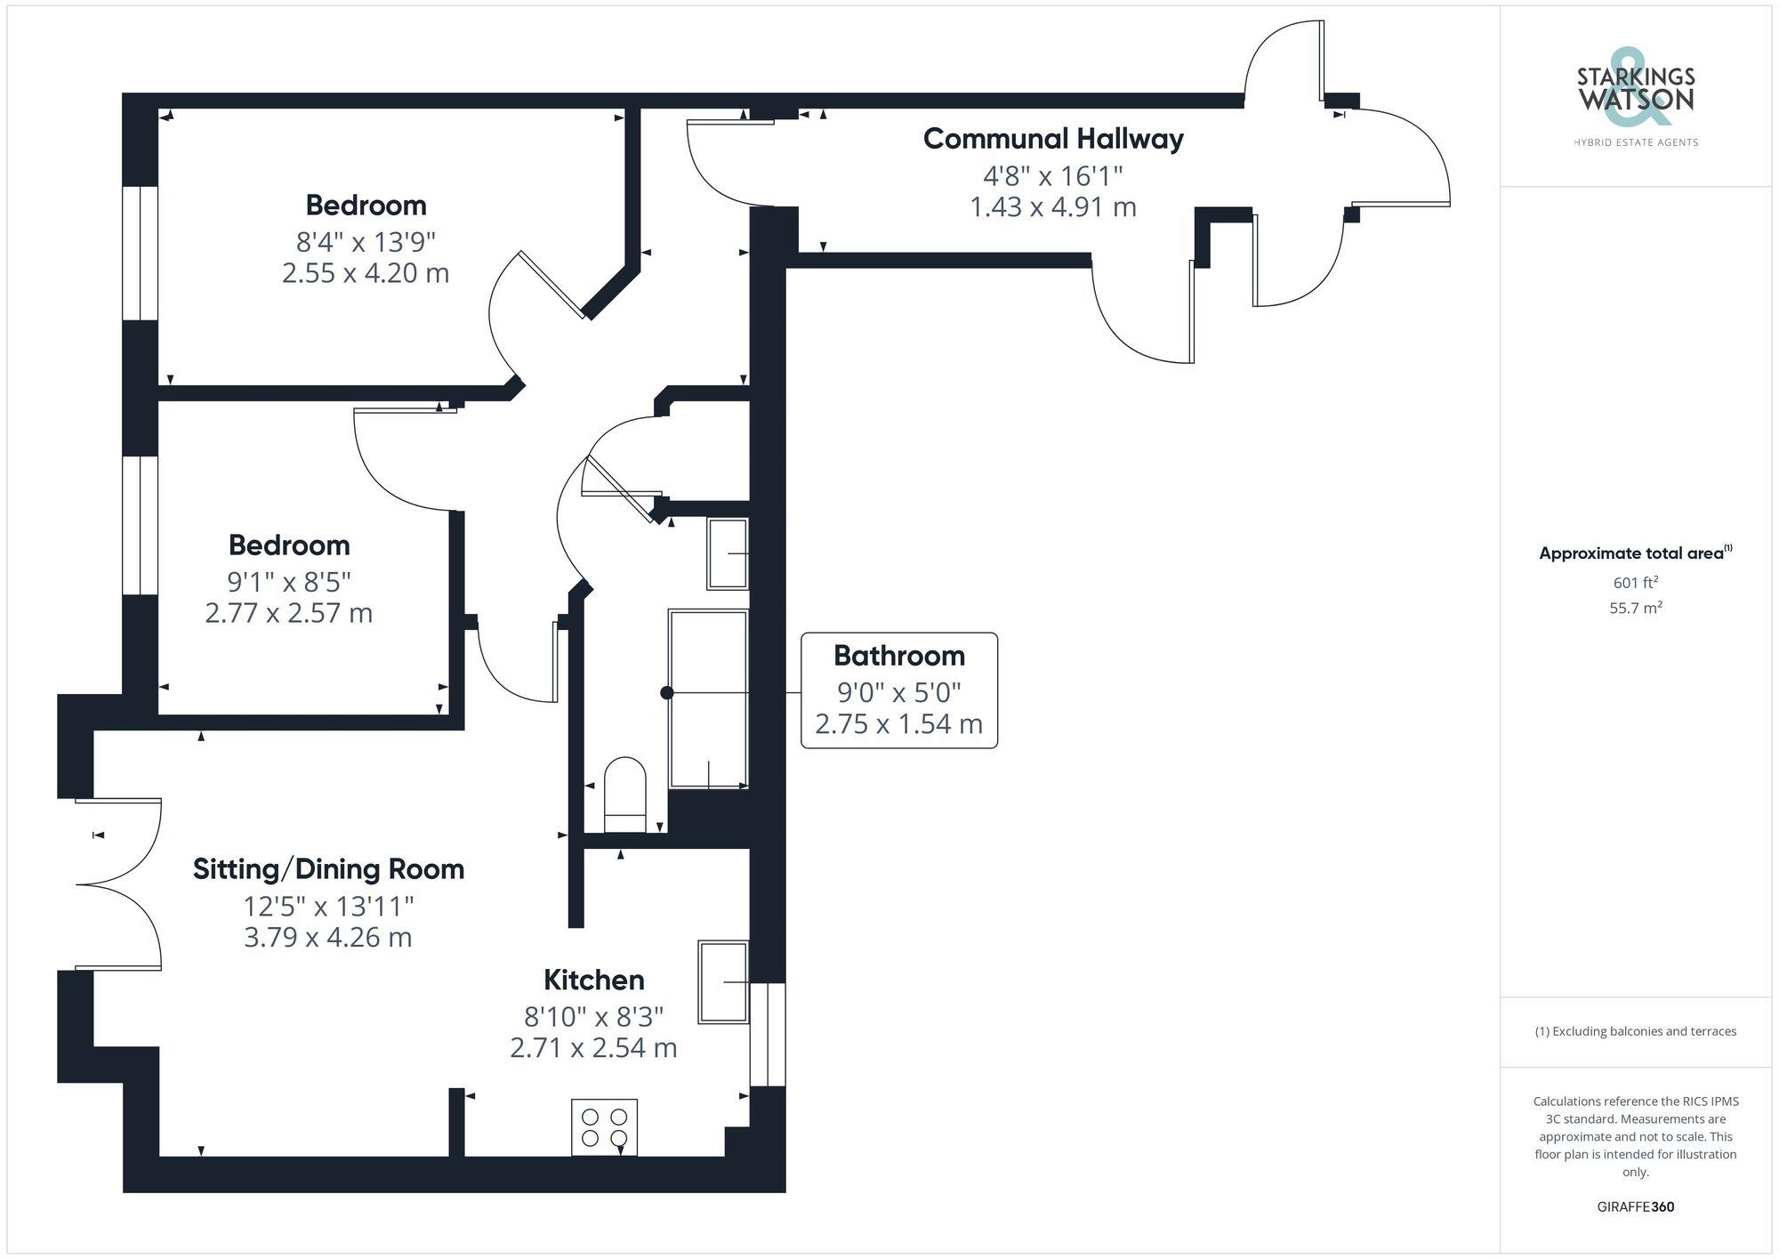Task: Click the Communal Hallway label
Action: click(x=1053, y=139)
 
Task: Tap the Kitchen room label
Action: click(x=593, y=980)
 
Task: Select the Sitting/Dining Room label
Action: click(x=328, y=869)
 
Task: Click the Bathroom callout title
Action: click(x=898, y=656)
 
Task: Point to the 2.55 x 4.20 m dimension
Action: click(x=365, y=273)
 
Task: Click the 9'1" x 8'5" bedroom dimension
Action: click(x=289, y=582)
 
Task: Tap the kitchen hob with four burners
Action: click(x=604, y=1127)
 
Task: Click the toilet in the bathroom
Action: click(x=624, y=794)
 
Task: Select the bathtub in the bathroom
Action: click(x=708, y=698)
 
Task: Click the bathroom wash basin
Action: click(x=727, y=553)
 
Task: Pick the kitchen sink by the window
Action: click(x=722, y=981)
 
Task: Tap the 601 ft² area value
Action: click(x=1635, y=583)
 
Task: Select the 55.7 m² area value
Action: click(x=1635, y=609)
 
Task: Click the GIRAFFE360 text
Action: click(x=1635, y=1207)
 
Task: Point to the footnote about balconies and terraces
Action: click(x=1635, y=1031)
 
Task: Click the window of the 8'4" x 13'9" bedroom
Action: click(x=140, y=253)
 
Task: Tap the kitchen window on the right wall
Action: click(x=768, y=1034)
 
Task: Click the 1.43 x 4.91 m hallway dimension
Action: click(x=1053, y=207)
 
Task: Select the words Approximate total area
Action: click(x=1631, y=553)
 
